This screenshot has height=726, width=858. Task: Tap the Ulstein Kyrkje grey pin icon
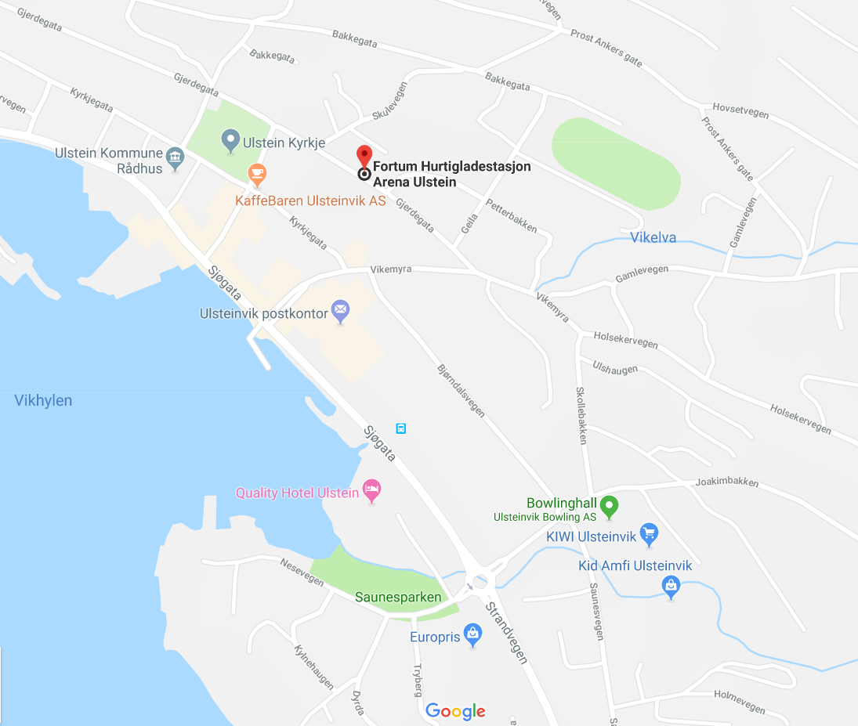click(230, 141)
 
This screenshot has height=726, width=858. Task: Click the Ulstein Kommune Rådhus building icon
click(176, 159)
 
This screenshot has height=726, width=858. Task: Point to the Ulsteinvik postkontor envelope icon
click(340, 312)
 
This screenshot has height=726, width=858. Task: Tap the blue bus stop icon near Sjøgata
click(401, 428)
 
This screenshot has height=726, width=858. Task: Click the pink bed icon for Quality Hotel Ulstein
click(371, 492)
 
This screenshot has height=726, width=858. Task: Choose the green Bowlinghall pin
click(609, 506)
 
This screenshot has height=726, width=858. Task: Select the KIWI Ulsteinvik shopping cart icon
click(648, 536)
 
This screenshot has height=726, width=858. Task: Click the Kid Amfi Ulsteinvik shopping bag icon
click(671, 585)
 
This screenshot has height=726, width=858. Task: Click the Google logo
click(455, 711)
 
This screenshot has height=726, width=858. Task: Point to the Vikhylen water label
click(43, 400)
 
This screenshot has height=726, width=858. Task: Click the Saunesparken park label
click(398, 597)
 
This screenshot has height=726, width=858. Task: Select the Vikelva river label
click(653, 237)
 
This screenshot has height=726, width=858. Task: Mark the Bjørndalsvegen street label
click(460, 390)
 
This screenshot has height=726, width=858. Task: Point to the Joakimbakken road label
click(727, 481)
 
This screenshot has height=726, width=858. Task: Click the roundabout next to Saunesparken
click(479, 581)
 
